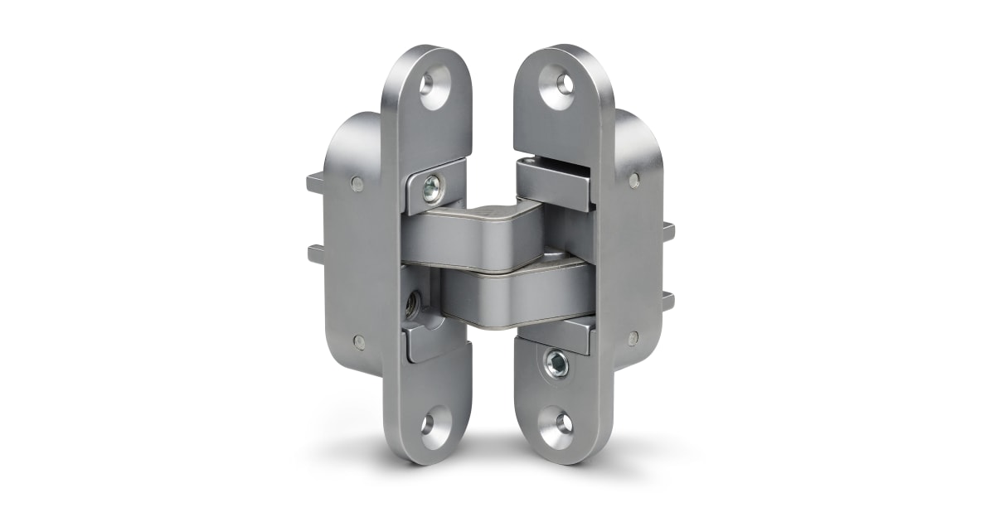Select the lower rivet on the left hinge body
click(358, 341)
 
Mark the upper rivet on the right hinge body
click(633, 179)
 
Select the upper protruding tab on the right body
click(668, 231)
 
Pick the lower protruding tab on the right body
click(668, 302)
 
